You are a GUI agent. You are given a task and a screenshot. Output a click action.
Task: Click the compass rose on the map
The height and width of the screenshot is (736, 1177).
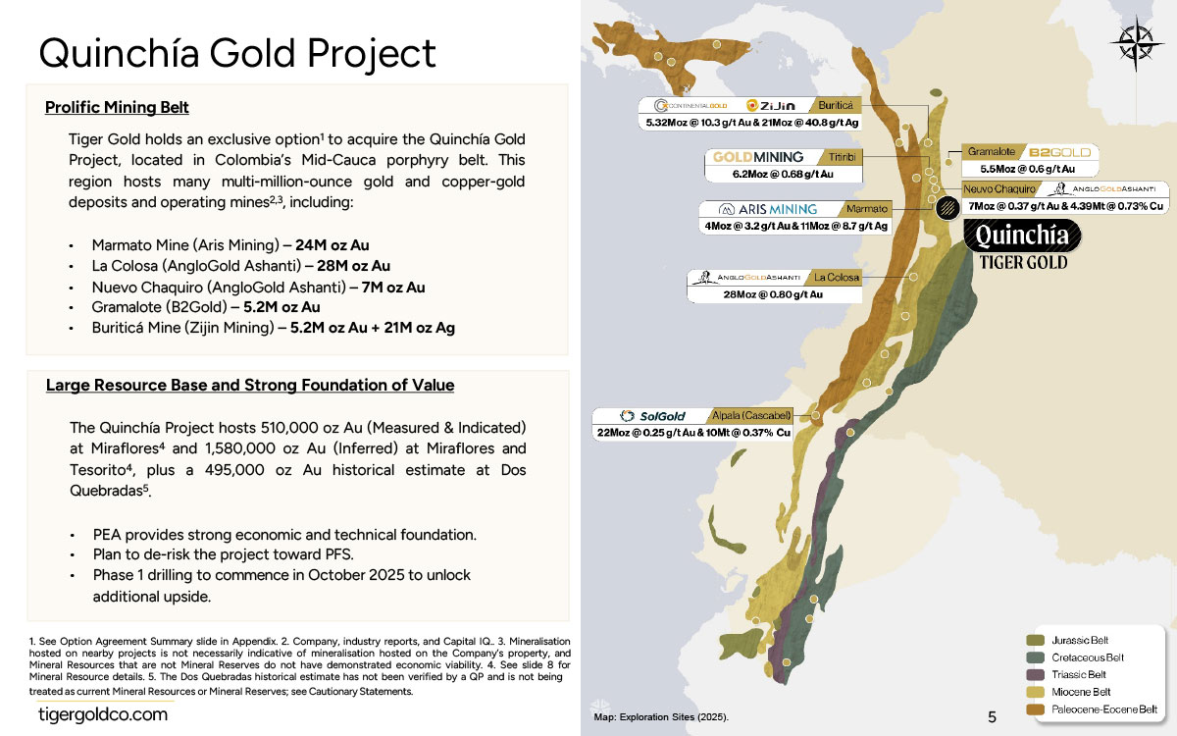1136,43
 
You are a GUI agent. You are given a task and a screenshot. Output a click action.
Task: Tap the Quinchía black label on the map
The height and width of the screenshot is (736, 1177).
1022,236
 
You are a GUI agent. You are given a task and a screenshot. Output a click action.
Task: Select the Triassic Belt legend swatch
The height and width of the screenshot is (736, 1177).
1035,674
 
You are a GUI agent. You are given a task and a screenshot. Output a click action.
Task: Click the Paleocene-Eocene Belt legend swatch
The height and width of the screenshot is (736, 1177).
1035,710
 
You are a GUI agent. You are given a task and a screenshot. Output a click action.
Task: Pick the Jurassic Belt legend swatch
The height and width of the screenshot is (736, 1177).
1035,640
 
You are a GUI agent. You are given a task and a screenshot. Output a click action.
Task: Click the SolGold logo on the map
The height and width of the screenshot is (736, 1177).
652,416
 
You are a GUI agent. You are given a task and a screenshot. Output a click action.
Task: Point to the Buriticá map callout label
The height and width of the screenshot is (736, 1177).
836,106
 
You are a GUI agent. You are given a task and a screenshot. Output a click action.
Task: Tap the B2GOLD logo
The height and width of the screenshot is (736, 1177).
1060,152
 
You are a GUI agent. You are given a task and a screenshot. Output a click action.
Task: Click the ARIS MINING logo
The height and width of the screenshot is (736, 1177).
768,209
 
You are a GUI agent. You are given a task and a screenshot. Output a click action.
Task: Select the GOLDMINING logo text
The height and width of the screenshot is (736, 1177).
758,157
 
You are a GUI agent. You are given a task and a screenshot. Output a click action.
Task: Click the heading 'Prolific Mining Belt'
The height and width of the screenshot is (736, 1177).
117,107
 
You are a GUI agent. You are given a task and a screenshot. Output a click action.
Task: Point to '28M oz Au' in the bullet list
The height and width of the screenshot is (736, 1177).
354,266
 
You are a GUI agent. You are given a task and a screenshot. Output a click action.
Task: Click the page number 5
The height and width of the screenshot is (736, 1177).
992,717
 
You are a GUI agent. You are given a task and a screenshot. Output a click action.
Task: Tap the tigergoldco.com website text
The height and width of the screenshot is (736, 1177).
103,714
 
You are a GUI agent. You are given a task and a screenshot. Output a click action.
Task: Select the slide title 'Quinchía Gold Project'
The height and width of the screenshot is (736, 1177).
237,53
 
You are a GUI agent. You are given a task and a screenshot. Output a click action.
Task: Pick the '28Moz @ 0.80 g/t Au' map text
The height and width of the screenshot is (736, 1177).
773,294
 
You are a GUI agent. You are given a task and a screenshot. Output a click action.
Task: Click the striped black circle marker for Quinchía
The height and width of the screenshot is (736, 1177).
947,207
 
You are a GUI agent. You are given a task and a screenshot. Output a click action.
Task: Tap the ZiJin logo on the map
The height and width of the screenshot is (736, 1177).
771,106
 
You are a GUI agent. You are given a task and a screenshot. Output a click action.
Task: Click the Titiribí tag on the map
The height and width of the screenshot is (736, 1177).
843,157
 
